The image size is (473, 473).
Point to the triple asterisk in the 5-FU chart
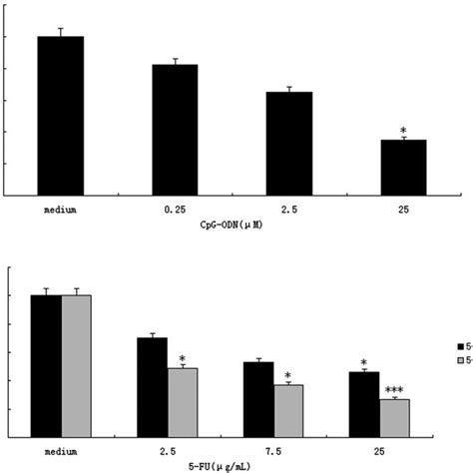[x=394, y=390]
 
